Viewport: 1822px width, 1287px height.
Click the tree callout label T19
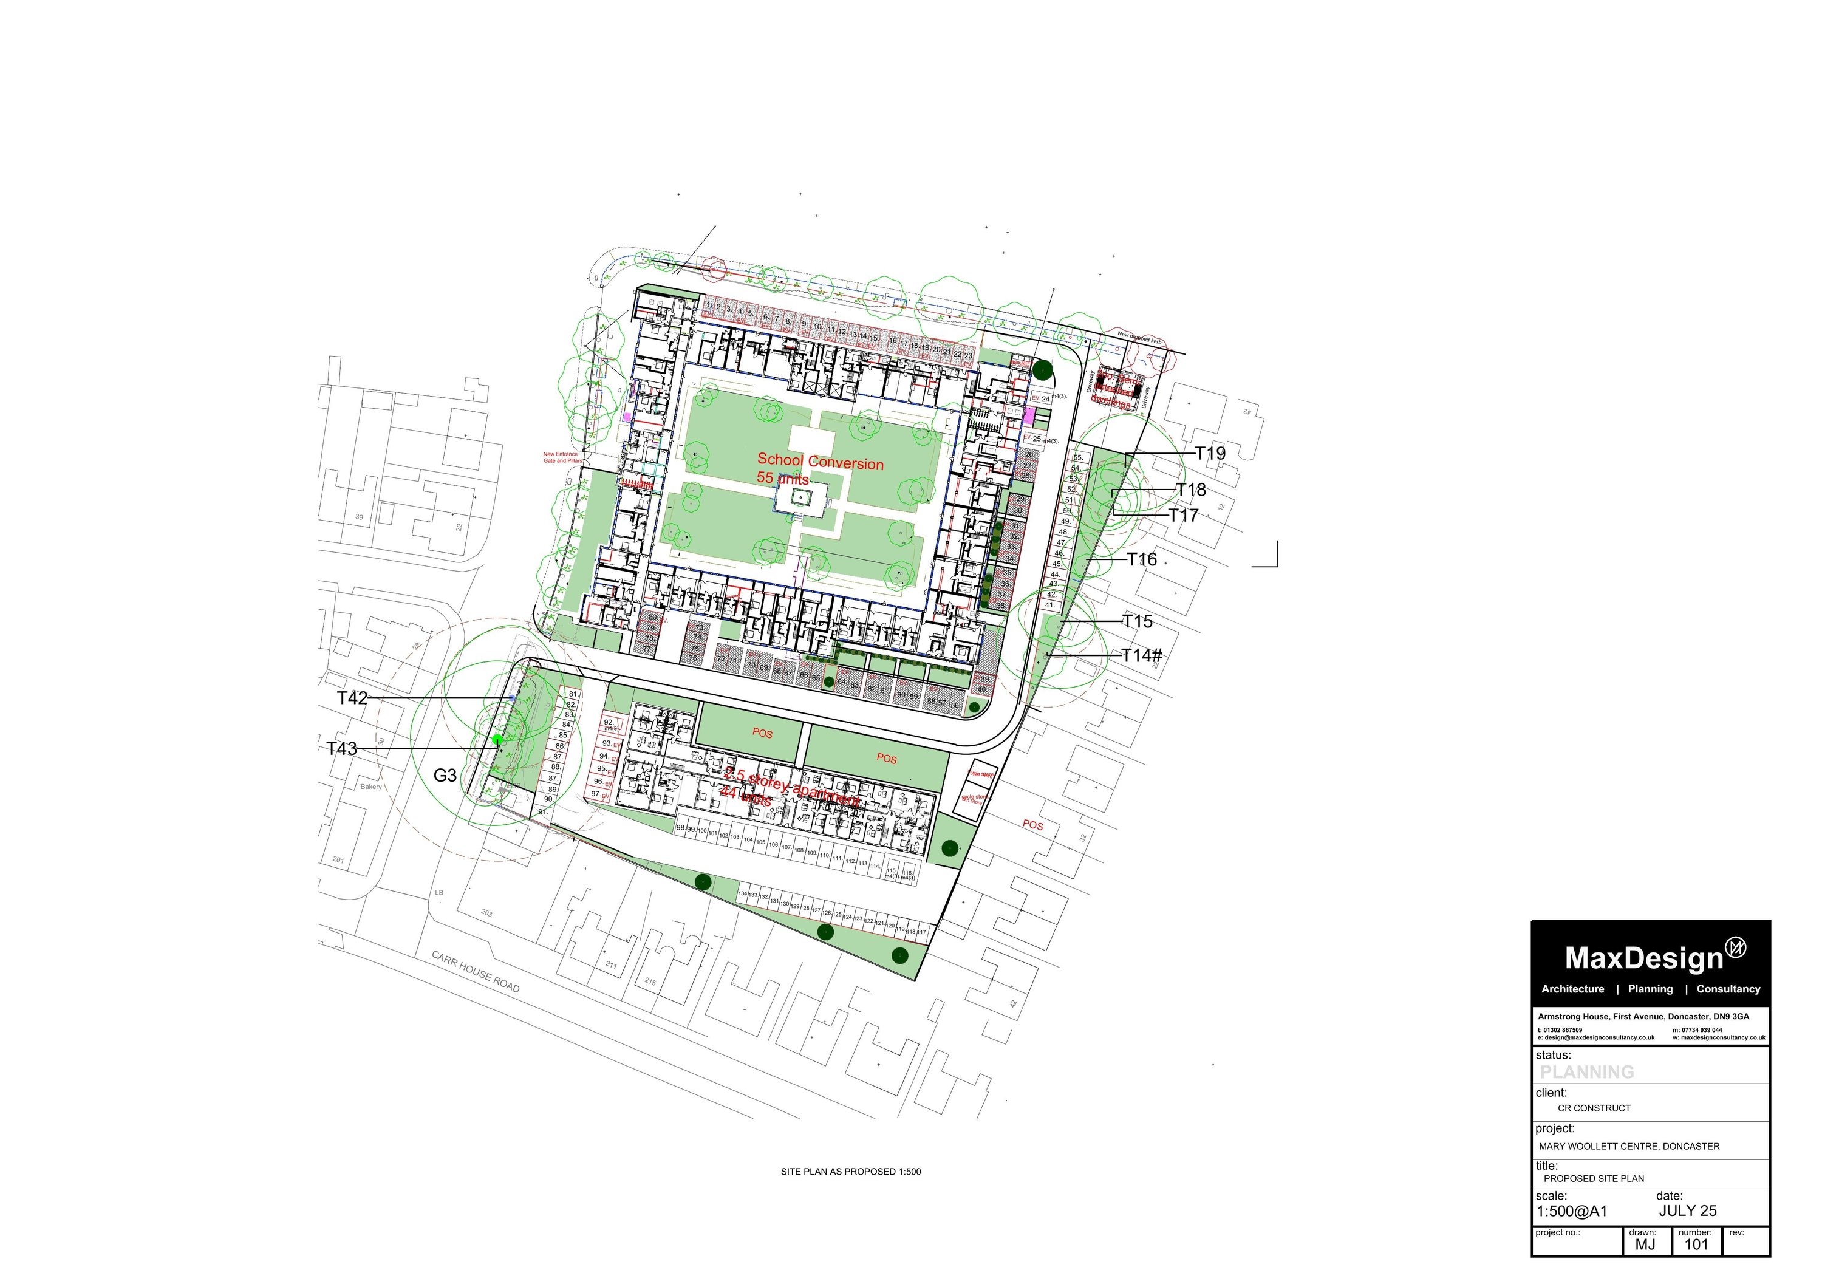[x=1210, y=453]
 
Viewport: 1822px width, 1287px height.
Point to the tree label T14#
[x=1142, y=655]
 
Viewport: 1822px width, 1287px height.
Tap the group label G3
[x=445, y=775]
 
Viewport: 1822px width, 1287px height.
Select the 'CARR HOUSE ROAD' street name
[x=476, y=972]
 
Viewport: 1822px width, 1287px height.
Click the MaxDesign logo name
[x=1644, y=958]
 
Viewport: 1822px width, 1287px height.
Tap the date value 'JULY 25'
[x=1687, y=1211]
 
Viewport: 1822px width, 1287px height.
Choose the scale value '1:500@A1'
[x=1572, y=1212]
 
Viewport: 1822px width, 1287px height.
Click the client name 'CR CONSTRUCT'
[x=1594, y=1108]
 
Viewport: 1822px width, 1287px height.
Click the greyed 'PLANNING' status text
[x=1587, y=1072]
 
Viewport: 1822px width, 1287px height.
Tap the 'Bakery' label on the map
[x=370, y=787]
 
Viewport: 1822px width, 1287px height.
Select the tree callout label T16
[x=1142, y=559]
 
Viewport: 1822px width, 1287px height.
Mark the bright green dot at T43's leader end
[x=497, y=740]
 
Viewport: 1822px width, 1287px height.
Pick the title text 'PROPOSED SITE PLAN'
[x=1594, y=1178]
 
